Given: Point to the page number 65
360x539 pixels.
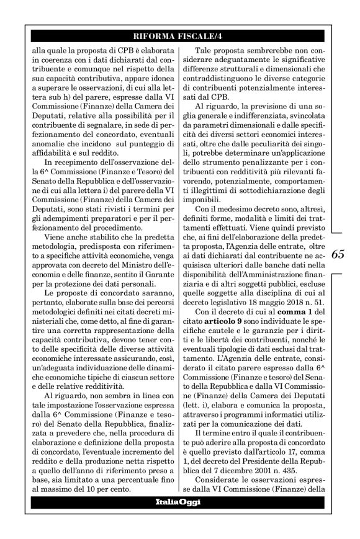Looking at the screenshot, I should [x=338, y=254].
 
